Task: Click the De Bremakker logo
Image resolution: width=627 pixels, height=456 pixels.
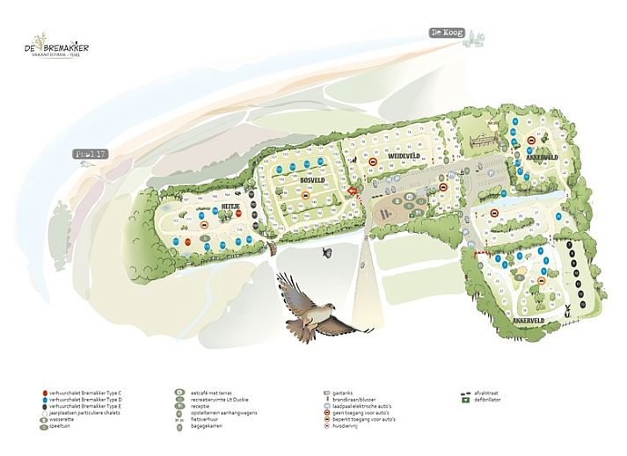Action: point(57,48)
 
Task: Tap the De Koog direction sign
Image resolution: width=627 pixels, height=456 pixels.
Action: point(445,33)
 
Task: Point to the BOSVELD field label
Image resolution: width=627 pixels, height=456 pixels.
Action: point(313,179)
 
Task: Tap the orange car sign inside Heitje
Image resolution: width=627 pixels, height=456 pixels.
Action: point(204,226)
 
